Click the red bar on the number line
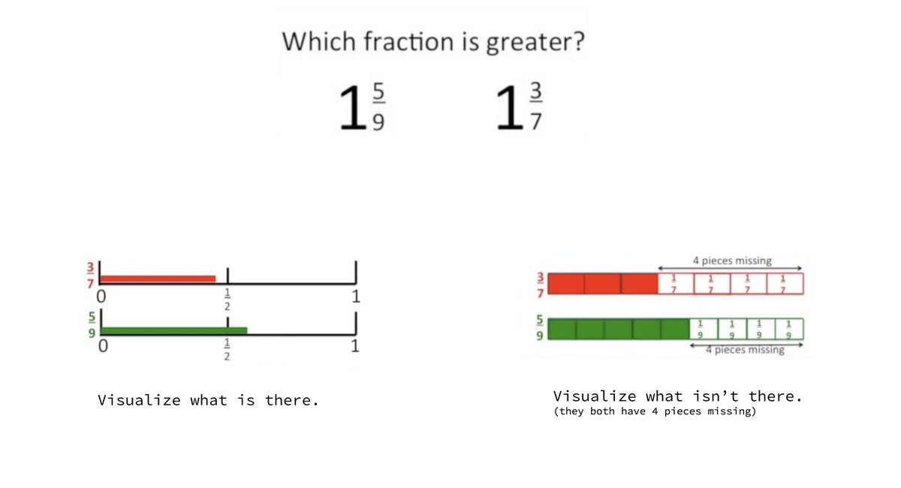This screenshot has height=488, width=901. pyautogui.click(x=158, y=279)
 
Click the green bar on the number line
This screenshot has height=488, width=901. pyautogui.click(x=173, y=330)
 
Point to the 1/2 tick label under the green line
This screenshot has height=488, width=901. pyautogui.click(x=227, y=351)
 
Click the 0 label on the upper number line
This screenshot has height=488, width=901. pyautogui.click(x=102, y=297)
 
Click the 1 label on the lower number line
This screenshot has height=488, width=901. pyautogui.click(x=355, y=347)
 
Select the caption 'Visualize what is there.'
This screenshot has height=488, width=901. pyautogui.click(x=209, y=400)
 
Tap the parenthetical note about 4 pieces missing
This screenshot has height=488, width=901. pyautogui.click(x=654, y=412)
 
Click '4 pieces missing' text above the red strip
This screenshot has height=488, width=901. pyautogui.click(x=731, y=261)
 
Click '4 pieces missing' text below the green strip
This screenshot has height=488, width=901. pyautogui.click(x=745, y=350)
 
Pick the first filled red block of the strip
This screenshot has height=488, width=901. pyautogui.click(x=566, y=284)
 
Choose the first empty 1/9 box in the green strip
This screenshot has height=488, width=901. pyautogui.click(x=704, y=330)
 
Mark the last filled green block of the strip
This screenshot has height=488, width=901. pyautogui.click(x=675, y=330)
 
